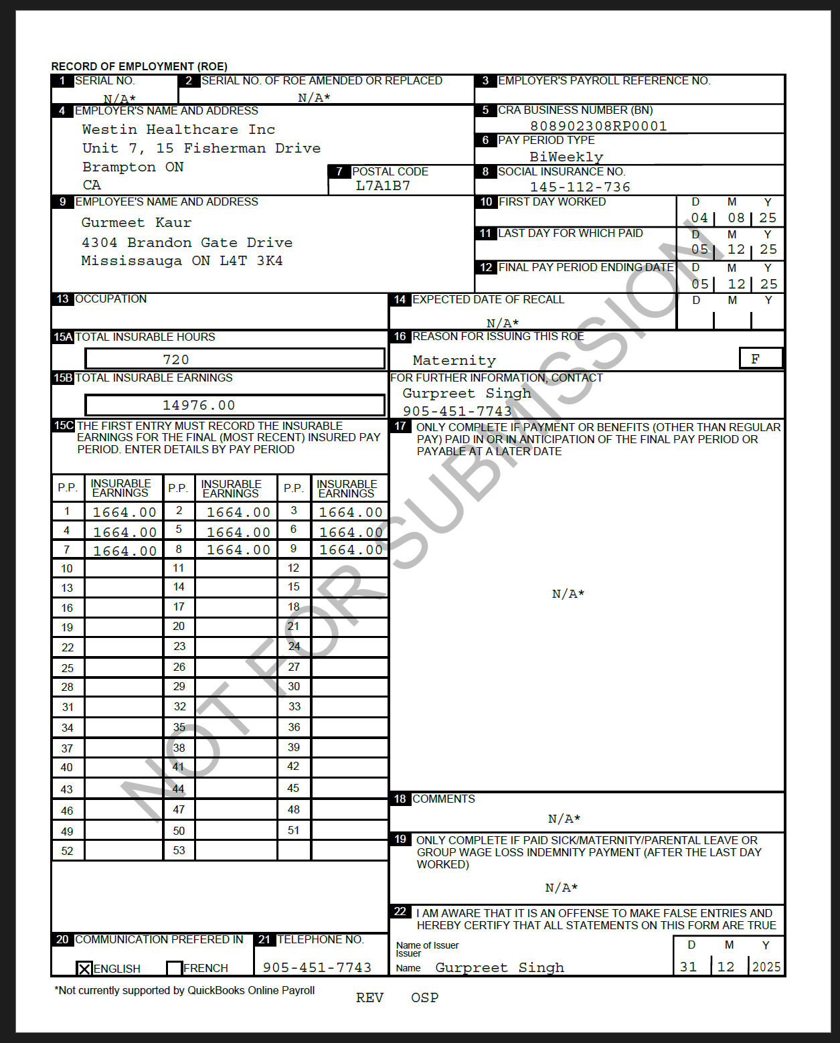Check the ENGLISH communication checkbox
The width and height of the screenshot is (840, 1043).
pos(84,968)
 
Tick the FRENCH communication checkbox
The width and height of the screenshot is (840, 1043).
pos(174,968)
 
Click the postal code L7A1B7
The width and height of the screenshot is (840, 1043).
pos(383,185)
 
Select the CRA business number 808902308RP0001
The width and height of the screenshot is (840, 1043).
pos(598,126)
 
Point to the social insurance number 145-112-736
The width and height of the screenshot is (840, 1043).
pos(580,187)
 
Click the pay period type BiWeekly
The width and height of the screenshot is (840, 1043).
pos(566,157)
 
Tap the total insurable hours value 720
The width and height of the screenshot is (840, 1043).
pos(176,359)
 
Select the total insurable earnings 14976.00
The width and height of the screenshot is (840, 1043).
pos(199,405)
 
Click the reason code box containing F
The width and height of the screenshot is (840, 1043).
pos(760,359)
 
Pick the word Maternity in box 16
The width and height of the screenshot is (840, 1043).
pos(454,360)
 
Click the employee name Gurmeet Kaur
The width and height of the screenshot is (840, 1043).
pos(137,222)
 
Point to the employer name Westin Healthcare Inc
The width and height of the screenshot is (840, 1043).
pos(178,129)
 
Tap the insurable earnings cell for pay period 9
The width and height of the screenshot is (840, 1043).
pos(350,550)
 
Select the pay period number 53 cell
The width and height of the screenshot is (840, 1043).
pos(179,850)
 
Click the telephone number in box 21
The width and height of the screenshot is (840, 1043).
pos(317,967)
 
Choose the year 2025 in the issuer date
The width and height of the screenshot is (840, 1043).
pos(766,967)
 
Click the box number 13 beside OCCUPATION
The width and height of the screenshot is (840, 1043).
pos(63,299)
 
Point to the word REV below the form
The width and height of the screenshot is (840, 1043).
pos(369,997)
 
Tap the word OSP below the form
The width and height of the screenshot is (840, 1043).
pos(424,997)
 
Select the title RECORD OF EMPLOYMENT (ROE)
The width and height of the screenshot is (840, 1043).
pos(139,66)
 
